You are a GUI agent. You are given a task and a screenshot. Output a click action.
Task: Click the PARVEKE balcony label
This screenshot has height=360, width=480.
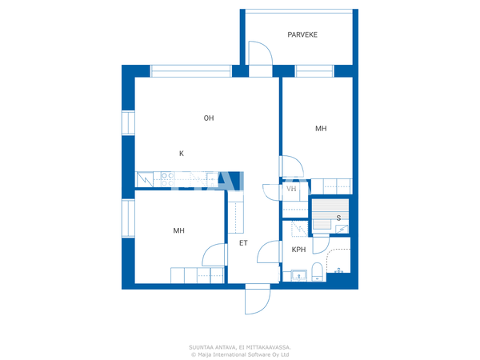point(302,34)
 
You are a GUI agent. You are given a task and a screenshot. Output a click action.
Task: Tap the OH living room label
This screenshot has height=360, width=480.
point(209,118)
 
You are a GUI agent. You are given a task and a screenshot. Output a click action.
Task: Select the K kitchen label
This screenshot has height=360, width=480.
point(182,154)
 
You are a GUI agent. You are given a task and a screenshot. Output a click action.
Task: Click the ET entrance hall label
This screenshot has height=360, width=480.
point(243,242)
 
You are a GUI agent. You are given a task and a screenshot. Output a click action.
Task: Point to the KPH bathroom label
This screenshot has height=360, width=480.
point(298,250)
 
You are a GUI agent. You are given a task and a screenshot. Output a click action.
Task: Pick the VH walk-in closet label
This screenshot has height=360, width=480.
point(291,189)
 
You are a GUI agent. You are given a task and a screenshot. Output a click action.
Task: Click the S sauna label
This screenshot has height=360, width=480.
point(338,218)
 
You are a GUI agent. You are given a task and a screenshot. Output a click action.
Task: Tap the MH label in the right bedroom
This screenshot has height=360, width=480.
point(321,128)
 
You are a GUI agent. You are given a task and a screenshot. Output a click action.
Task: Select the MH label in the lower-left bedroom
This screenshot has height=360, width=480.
point(178,230)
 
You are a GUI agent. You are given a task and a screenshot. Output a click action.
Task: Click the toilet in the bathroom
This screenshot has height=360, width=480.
point(317,271)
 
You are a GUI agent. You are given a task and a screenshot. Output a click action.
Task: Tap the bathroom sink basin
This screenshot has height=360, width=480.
point(298,275)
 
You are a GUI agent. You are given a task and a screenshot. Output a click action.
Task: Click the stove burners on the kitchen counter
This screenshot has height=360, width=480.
point(167,179)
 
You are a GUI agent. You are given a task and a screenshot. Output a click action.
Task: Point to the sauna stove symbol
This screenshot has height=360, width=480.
point(342,229)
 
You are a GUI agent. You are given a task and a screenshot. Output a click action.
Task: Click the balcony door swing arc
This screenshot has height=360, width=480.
point(261,53)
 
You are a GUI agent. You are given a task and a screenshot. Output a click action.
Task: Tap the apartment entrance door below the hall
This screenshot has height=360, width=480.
point(258,299)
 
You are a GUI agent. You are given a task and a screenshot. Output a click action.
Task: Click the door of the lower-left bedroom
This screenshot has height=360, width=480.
point(214,254)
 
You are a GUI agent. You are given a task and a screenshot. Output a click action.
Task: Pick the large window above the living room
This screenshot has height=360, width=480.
point(190,71)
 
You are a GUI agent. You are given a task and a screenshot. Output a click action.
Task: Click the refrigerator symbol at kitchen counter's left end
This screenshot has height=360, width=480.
point(145,179)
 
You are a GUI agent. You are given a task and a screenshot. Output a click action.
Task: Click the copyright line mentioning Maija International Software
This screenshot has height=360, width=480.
point(240,354)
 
